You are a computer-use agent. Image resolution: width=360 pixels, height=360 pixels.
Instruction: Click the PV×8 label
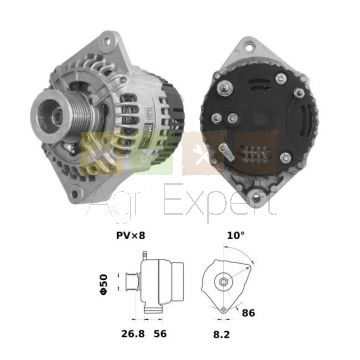pyautogui.click(x=131, y=236)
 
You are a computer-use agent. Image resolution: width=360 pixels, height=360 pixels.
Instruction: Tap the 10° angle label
pyautogui.click(x=236, y=235)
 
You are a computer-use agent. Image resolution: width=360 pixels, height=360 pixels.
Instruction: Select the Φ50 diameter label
pyautogui.click(x=104, y=284)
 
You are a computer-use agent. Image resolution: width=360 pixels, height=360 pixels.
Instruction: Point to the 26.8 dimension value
pyautogui.click(x=133, y=334)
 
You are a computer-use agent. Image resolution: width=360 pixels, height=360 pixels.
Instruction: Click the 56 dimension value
pyautogui.click(x=160, y=334)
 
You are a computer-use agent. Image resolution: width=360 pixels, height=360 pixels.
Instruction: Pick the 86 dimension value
pyautogui.click(x=249, y=313)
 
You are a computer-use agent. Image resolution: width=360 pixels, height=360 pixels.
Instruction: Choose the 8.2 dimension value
pyautogui.click(x=221, y=334)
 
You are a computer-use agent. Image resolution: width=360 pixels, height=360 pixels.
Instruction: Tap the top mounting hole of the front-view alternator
pyautogui.click(x=107, y=42)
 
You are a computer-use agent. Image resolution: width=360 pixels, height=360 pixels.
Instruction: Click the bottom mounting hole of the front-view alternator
pyautogui.click(x=75, y=194)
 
